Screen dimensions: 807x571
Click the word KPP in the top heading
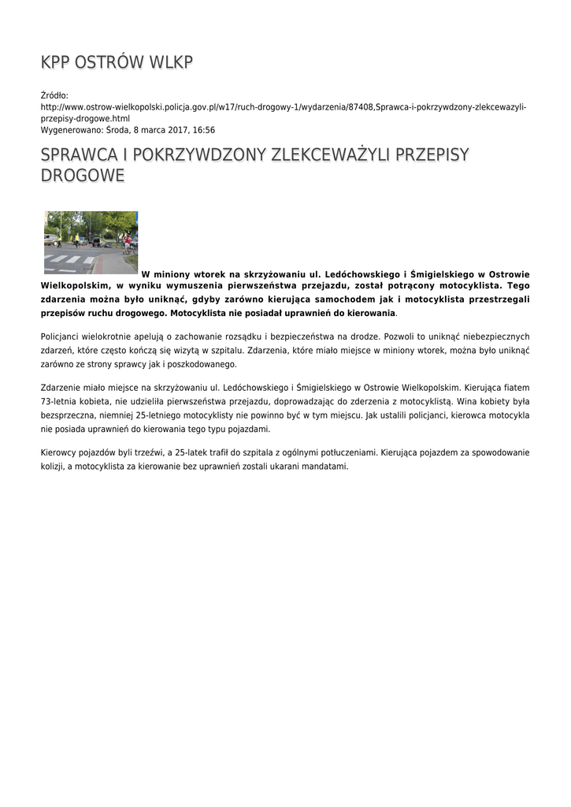tap(56, 62)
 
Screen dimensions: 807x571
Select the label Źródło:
tap(55, 95)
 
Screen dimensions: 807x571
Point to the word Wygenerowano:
tap(71, 130)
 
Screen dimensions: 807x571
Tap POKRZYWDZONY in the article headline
tap(201, 154)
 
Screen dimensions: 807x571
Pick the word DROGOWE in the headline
tap(82, 175)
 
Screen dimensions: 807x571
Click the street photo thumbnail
tap(91, 242)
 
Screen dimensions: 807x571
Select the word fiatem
tap(514, 388)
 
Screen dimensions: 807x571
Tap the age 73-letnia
tap(61, 401)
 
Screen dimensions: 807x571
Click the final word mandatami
tap(324, 466)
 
